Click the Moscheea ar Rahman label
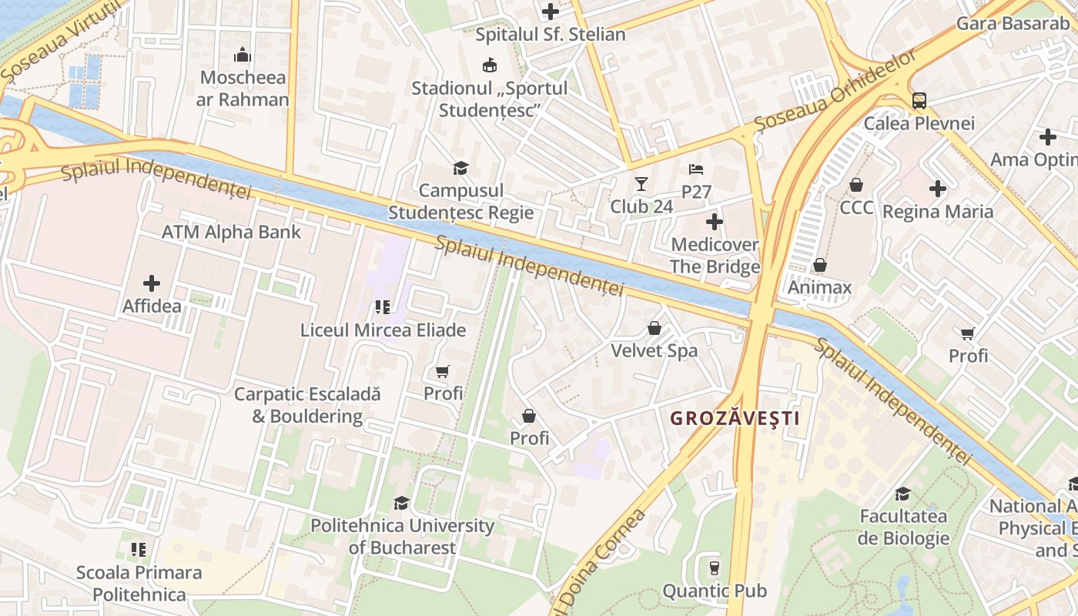(243, 89)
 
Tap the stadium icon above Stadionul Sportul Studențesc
(489, 65)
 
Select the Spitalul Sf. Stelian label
(550, 35)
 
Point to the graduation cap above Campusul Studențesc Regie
(460, 168)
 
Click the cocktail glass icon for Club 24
(641, 184)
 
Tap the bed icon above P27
(696, 169)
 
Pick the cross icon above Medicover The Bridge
(715, 223)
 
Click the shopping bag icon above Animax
(820, 266)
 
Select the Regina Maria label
(938, 211)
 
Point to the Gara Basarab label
(1013, 23)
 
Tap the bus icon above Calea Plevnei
(919, 101)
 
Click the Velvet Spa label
(654, 350)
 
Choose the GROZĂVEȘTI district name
(735, 419)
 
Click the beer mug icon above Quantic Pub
(715, 568)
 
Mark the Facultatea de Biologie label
(903, 527)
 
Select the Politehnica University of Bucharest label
(402, 537)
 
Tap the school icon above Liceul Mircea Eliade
(383, 307)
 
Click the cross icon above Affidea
(152, 283)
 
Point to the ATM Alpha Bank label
(231, 232)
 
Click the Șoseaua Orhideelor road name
(835, 89)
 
